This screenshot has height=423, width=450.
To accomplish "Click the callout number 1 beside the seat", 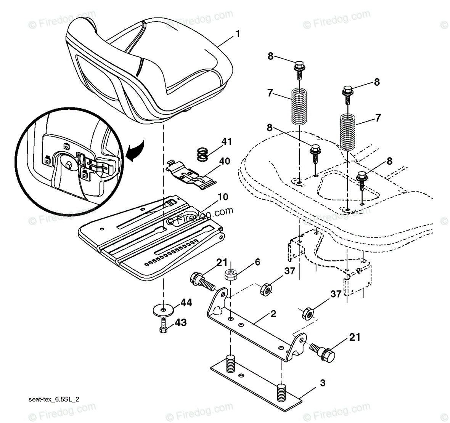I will point(238,34).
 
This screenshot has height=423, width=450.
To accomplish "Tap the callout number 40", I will point(224,161).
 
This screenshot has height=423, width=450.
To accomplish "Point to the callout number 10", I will point(223,197).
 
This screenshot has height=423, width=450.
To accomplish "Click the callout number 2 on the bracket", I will point(273,314).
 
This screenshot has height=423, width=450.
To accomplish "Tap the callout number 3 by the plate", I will point(323,383).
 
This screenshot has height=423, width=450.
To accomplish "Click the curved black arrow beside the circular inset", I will point(134,151).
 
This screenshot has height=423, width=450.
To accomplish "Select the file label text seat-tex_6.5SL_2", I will point(54,399).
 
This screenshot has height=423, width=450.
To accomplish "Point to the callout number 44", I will point(186,303).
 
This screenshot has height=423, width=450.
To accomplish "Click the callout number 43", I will point(181,322).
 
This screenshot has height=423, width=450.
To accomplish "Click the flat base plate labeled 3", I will point(256,385).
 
